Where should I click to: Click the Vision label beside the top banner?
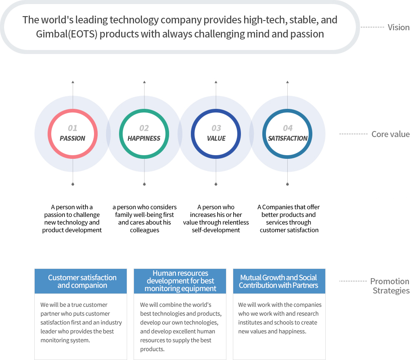(x=398, y=27)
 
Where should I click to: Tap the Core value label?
(x=390, y=134)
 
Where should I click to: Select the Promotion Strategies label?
(x=389, y=286)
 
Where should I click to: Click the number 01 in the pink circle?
(x=72, y=128)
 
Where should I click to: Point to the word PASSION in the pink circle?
(x=72, y=138)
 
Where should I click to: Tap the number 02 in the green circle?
(x=144, y=128)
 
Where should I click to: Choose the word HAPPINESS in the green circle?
(x=144, y=138)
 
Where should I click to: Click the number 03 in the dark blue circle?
(x=216, y=128)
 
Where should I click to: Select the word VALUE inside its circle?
(x=216, y=138)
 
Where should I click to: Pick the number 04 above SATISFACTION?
(x=288, y=128)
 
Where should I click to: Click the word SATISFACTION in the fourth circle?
(x=288, y=138)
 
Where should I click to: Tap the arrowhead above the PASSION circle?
(x=73, y=82)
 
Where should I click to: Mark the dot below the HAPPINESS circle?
(x=144, y=184)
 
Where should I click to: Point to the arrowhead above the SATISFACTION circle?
(x=287, y=82)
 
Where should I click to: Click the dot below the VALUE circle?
(x=216, y=184)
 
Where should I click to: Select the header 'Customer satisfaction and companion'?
(x=82, y=281)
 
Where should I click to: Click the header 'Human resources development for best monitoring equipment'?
(x=180, y=281)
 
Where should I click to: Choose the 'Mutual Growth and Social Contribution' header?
(x=278, y=281)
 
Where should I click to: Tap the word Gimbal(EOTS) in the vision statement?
(x=67, y=34)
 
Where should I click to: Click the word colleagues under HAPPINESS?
(x=144, y=230)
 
